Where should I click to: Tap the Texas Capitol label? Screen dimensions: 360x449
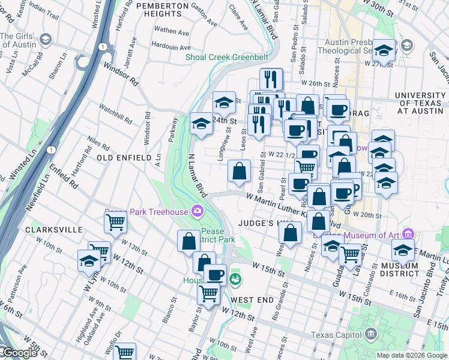tap(337, 335)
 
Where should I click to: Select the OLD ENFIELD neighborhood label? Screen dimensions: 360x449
tap(124, 158)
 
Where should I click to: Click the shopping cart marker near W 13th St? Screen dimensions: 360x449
tap(115, 222)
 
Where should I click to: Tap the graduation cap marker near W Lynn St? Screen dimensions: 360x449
tap(89, 261)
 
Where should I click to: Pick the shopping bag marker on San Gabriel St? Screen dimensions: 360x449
tap(239, 170)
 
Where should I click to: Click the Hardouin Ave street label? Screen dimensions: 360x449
tap(171, 46)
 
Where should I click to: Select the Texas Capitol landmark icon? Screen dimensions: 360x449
tap(371, 334)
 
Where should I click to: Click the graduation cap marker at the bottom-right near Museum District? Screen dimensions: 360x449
tap(403, 250)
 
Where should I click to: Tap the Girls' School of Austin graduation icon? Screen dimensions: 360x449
tap(45, 40)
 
